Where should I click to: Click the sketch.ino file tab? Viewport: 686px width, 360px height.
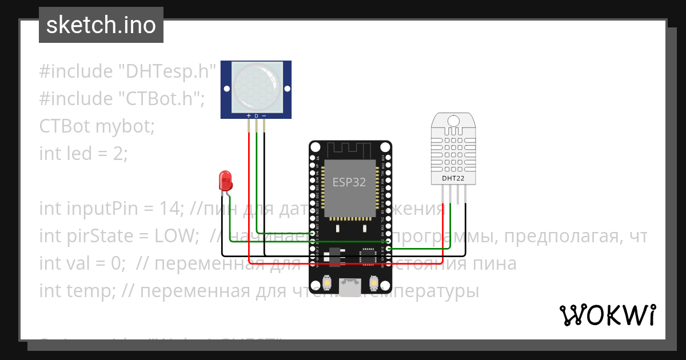[101, 25]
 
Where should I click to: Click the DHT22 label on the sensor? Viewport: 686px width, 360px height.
[452, 178]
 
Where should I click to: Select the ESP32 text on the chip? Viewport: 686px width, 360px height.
[349, 182]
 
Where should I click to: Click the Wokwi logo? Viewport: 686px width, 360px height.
[607, 315]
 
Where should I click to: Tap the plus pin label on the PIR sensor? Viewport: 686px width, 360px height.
[249, 116]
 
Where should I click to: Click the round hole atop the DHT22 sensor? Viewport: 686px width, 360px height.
[452, 121]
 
